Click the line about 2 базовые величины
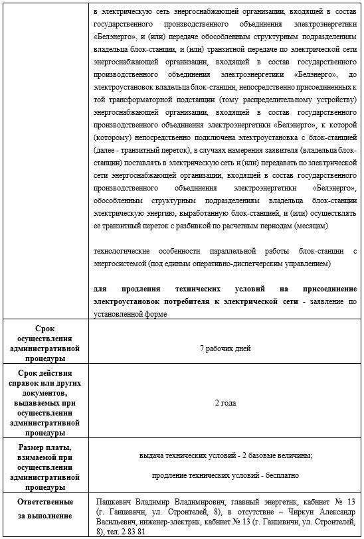pos(225,455)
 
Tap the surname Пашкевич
pos(114,502)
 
